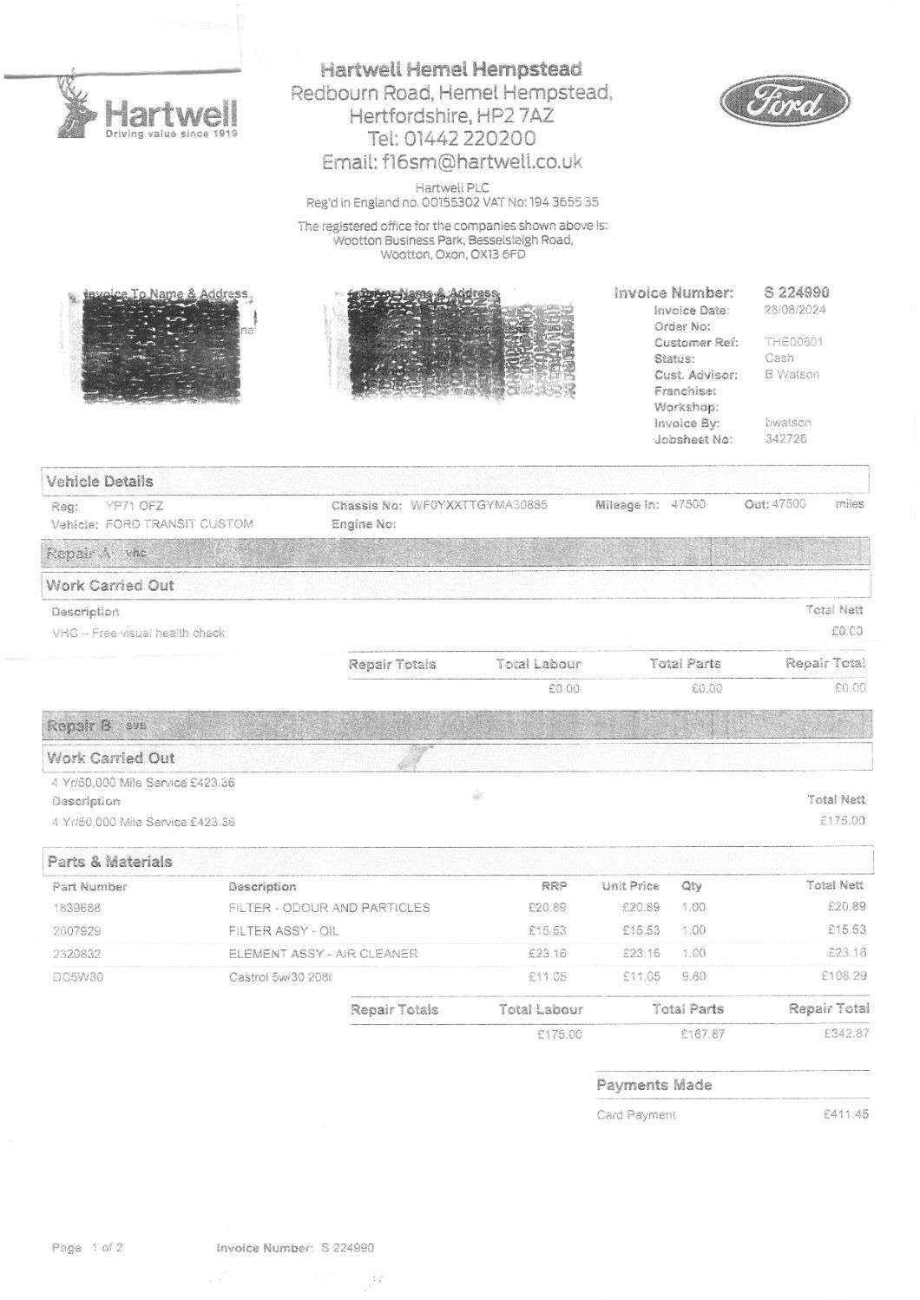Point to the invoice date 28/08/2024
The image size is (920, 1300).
tap(795, 310)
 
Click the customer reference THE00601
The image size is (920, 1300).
tap(793, 342)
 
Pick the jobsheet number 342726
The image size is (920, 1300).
tap(785, 439)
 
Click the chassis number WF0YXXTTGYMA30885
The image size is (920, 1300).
tap(478, 505)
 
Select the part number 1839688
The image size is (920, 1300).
tap(76, 908)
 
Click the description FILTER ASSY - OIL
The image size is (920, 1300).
tap(283, 930)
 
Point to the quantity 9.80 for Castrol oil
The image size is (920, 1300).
tap(693, 976)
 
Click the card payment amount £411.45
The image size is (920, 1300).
tap(844, 1114)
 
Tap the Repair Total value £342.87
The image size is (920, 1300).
tap(845, 1034)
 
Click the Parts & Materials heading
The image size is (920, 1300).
tap(109, 862)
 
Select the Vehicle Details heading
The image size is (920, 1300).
tap(99, 482)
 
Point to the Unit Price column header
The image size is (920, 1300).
tap(630, 886)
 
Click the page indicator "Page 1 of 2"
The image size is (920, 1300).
tap(87, 1248)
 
